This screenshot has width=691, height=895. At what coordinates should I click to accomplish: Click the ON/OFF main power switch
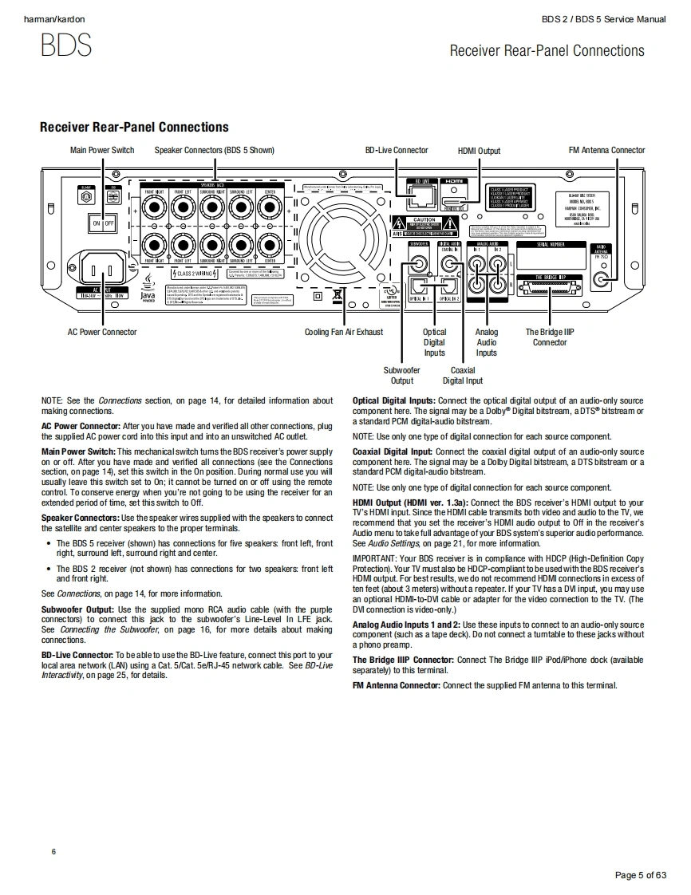(x=102, y=223)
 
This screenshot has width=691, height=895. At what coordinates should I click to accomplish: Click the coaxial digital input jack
(x=450, y=261)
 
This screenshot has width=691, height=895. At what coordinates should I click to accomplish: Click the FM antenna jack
(x=603, y=279)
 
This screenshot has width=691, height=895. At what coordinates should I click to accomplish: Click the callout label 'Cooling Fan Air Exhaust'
(x=343, y=332)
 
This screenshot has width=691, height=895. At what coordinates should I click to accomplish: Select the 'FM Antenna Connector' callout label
(x=606, y=150)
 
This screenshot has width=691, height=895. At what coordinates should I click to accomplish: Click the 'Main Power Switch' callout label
(x=102, y=150)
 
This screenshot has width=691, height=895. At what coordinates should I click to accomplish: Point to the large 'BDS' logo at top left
(x=66, y=45)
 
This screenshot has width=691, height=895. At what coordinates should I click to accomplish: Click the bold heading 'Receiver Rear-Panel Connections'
(x=134, y=128)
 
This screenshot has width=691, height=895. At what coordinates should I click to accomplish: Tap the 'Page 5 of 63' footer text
(x=640, y=875)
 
